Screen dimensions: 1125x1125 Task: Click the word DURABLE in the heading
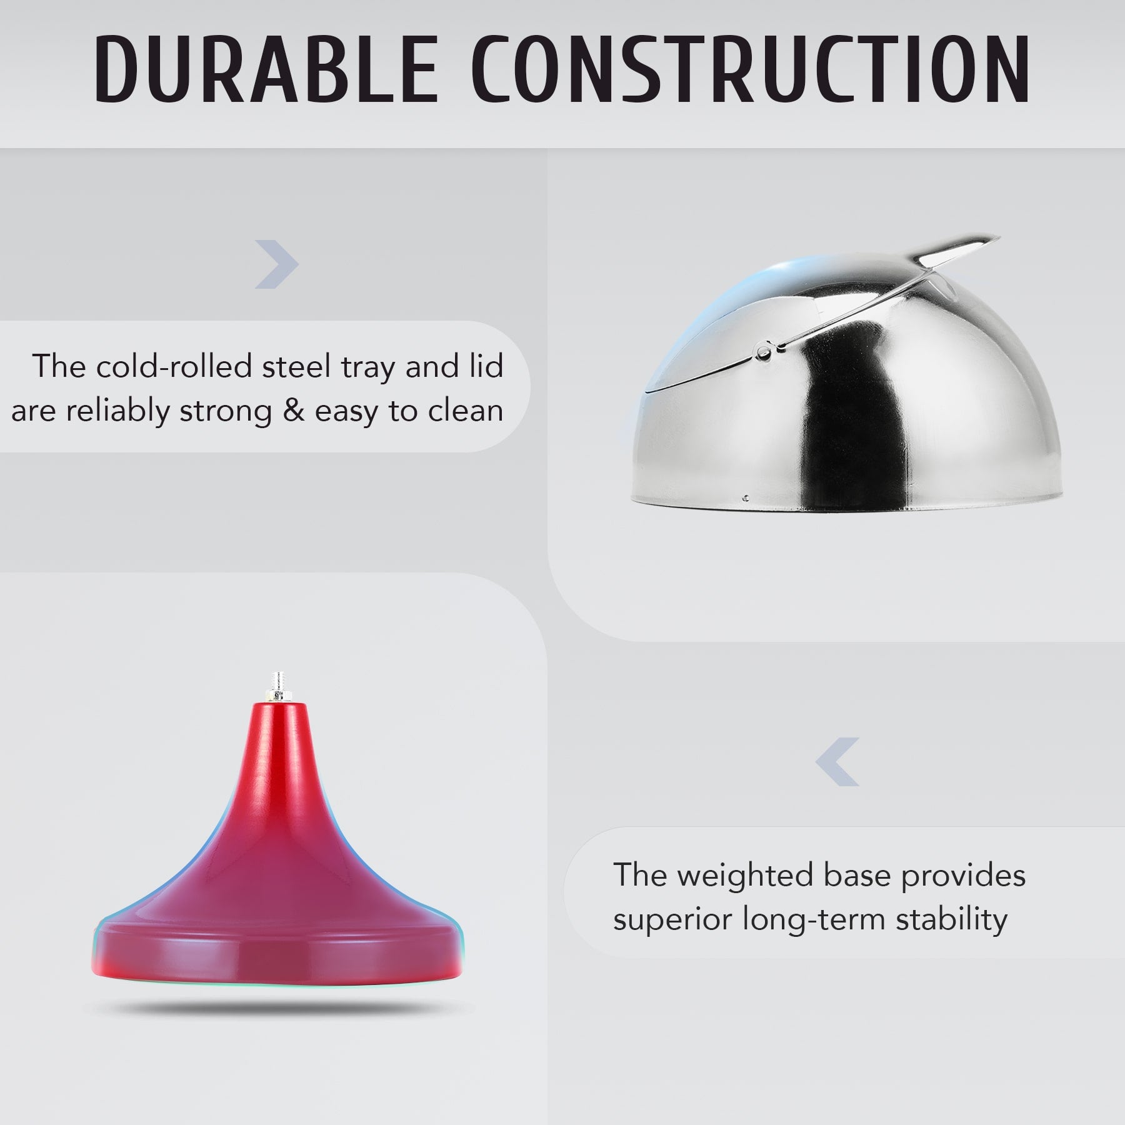266,69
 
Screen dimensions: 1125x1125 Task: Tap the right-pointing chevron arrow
277,264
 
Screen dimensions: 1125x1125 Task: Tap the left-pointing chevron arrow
837,762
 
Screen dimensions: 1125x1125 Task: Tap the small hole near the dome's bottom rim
746,499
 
